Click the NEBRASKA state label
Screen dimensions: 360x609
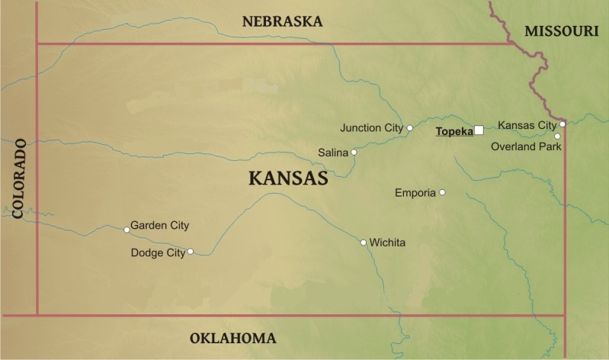pos(282,21)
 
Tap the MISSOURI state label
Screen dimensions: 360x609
pos(562,31)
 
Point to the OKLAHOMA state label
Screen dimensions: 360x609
pos(232,338)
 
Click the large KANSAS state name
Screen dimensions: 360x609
pos(288,178)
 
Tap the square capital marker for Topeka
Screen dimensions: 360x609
pos(479,130)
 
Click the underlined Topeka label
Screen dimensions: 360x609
pos(454,131)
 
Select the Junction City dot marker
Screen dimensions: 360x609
pos(410,128)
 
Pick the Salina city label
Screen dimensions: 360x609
pos(333,153)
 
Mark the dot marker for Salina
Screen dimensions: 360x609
pos(354,153)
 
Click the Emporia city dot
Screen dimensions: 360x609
pos(442,192)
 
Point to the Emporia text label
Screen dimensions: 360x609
pos(415,192)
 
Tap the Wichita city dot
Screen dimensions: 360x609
pos(364,243)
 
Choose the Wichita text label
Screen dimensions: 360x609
pos(387,243)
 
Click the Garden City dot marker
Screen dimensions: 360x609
pos(127,229)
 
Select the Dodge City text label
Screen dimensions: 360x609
pos(158,252)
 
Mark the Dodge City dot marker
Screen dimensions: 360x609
pos(191,251)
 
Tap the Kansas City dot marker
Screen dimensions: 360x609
pos(563,124)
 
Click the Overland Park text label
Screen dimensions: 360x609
pos(526,146)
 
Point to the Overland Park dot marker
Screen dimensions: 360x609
pos(557,137)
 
